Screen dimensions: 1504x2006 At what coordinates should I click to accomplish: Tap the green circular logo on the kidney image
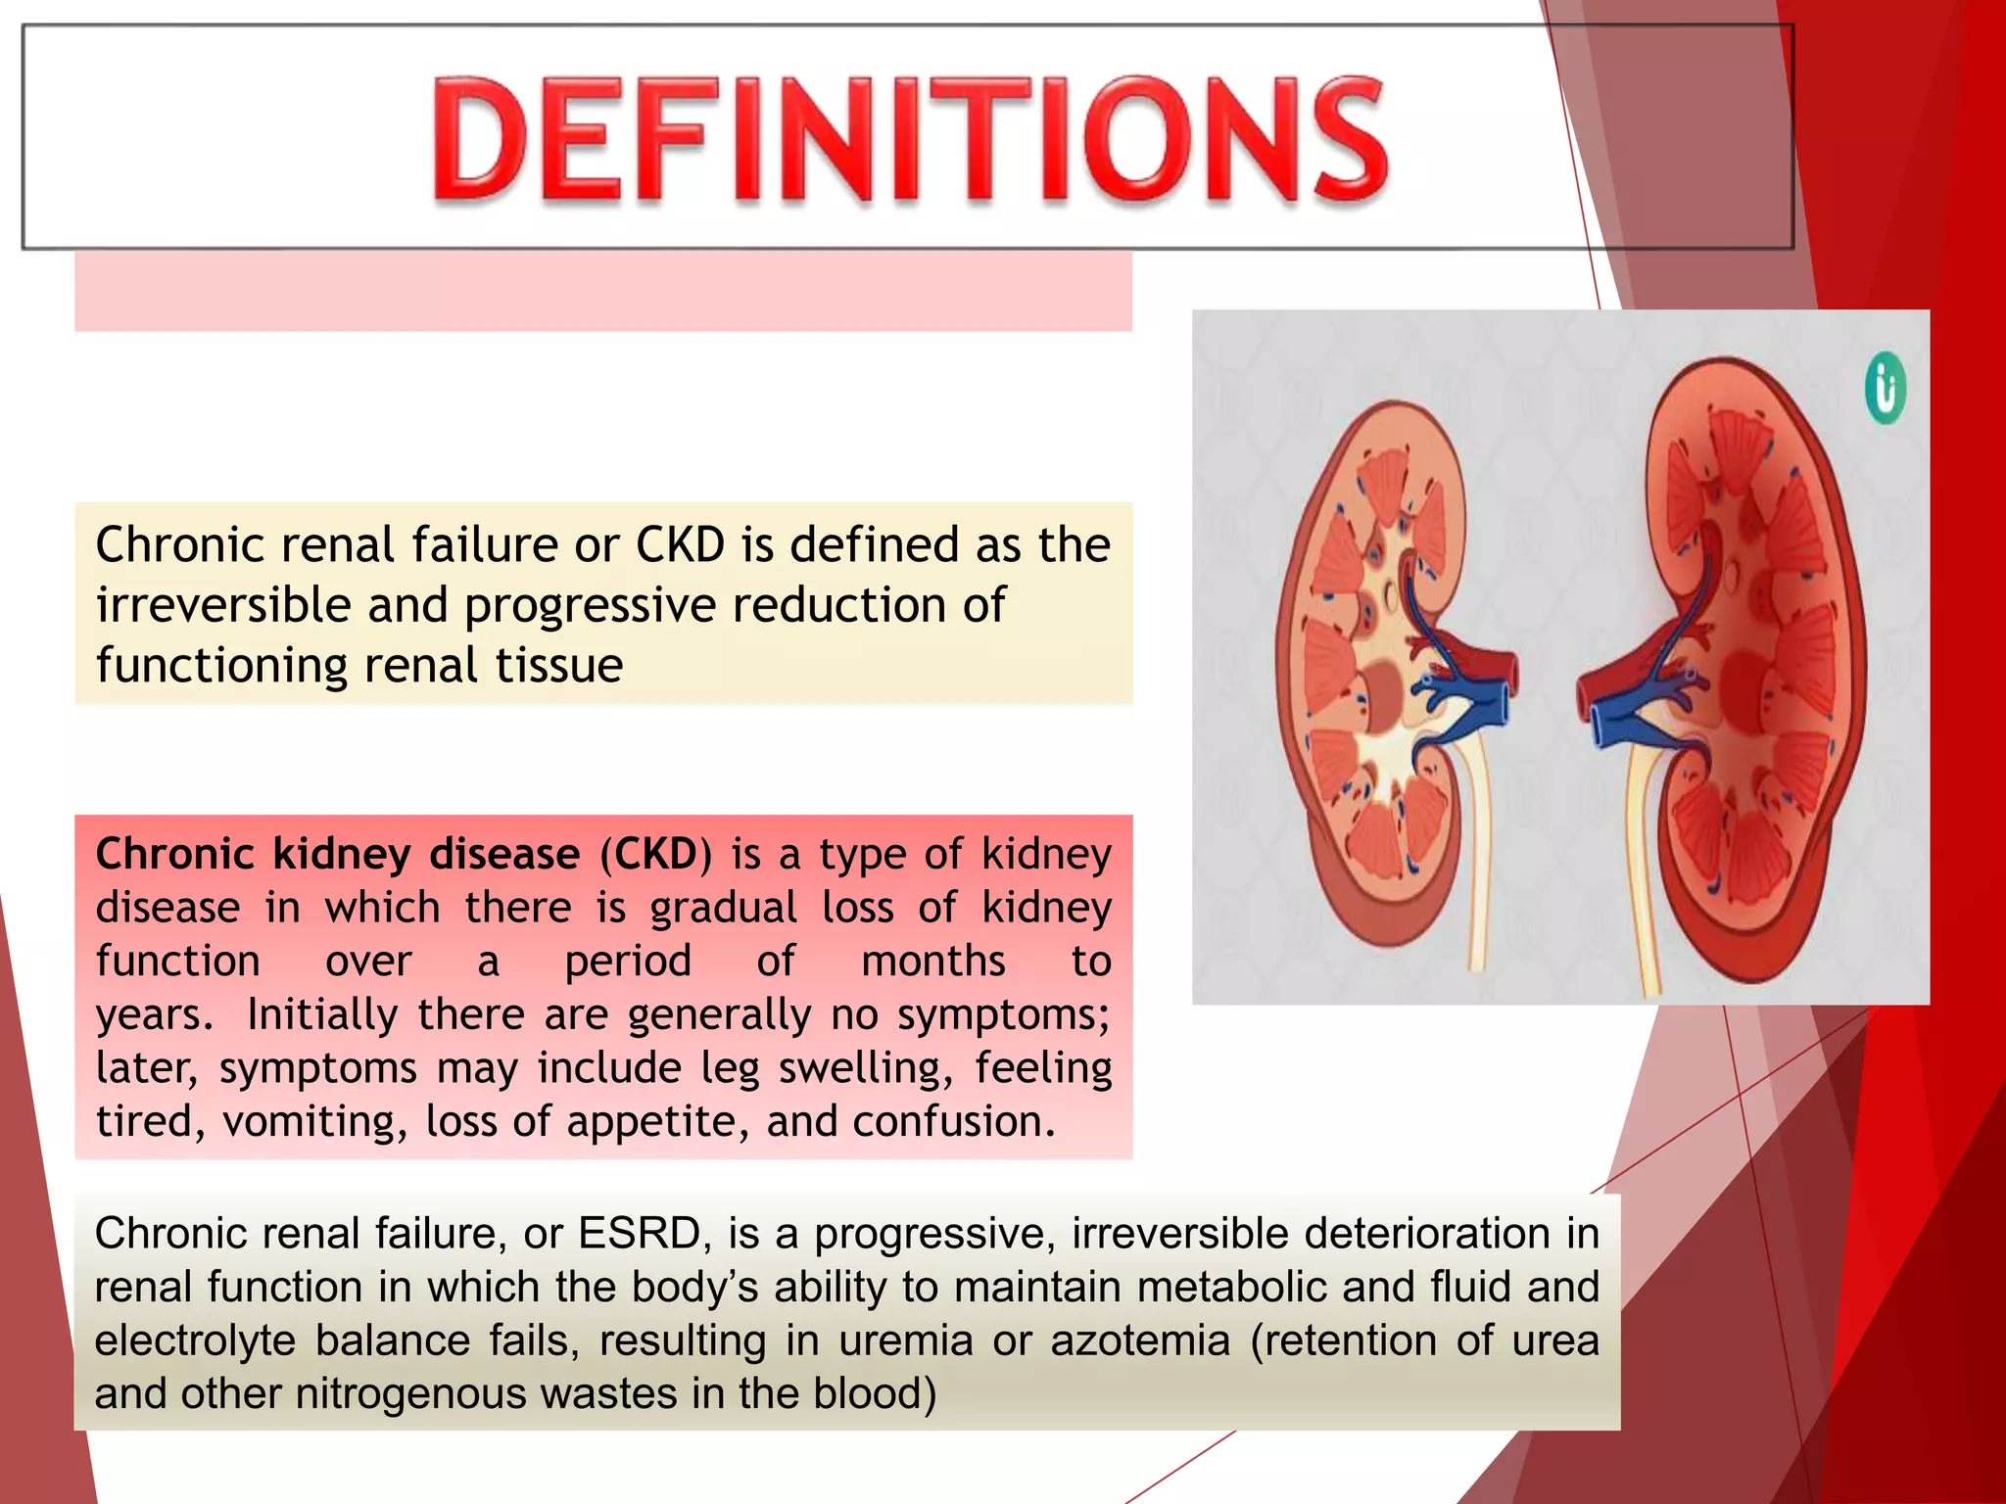tap(1886, 389)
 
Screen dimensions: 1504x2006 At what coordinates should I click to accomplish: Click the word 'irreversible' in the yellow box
tap(223, 606)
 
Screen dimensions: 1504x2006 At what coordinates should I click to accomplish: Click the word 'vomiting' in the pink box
tap(314, 1122)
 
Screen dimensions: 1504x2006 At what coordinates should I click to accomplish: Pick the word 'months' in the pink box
tap(932, 962)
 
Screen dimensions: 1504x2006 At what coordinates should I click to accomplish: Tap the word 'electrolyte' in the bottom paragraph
tap(195, 1340)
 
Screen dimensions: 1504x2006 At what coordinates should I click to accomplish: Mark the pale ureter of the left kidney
tap(1473, 862)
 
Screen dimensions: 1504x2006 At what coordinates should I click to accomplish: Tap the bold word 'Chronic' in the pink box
tap(175, 855)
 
